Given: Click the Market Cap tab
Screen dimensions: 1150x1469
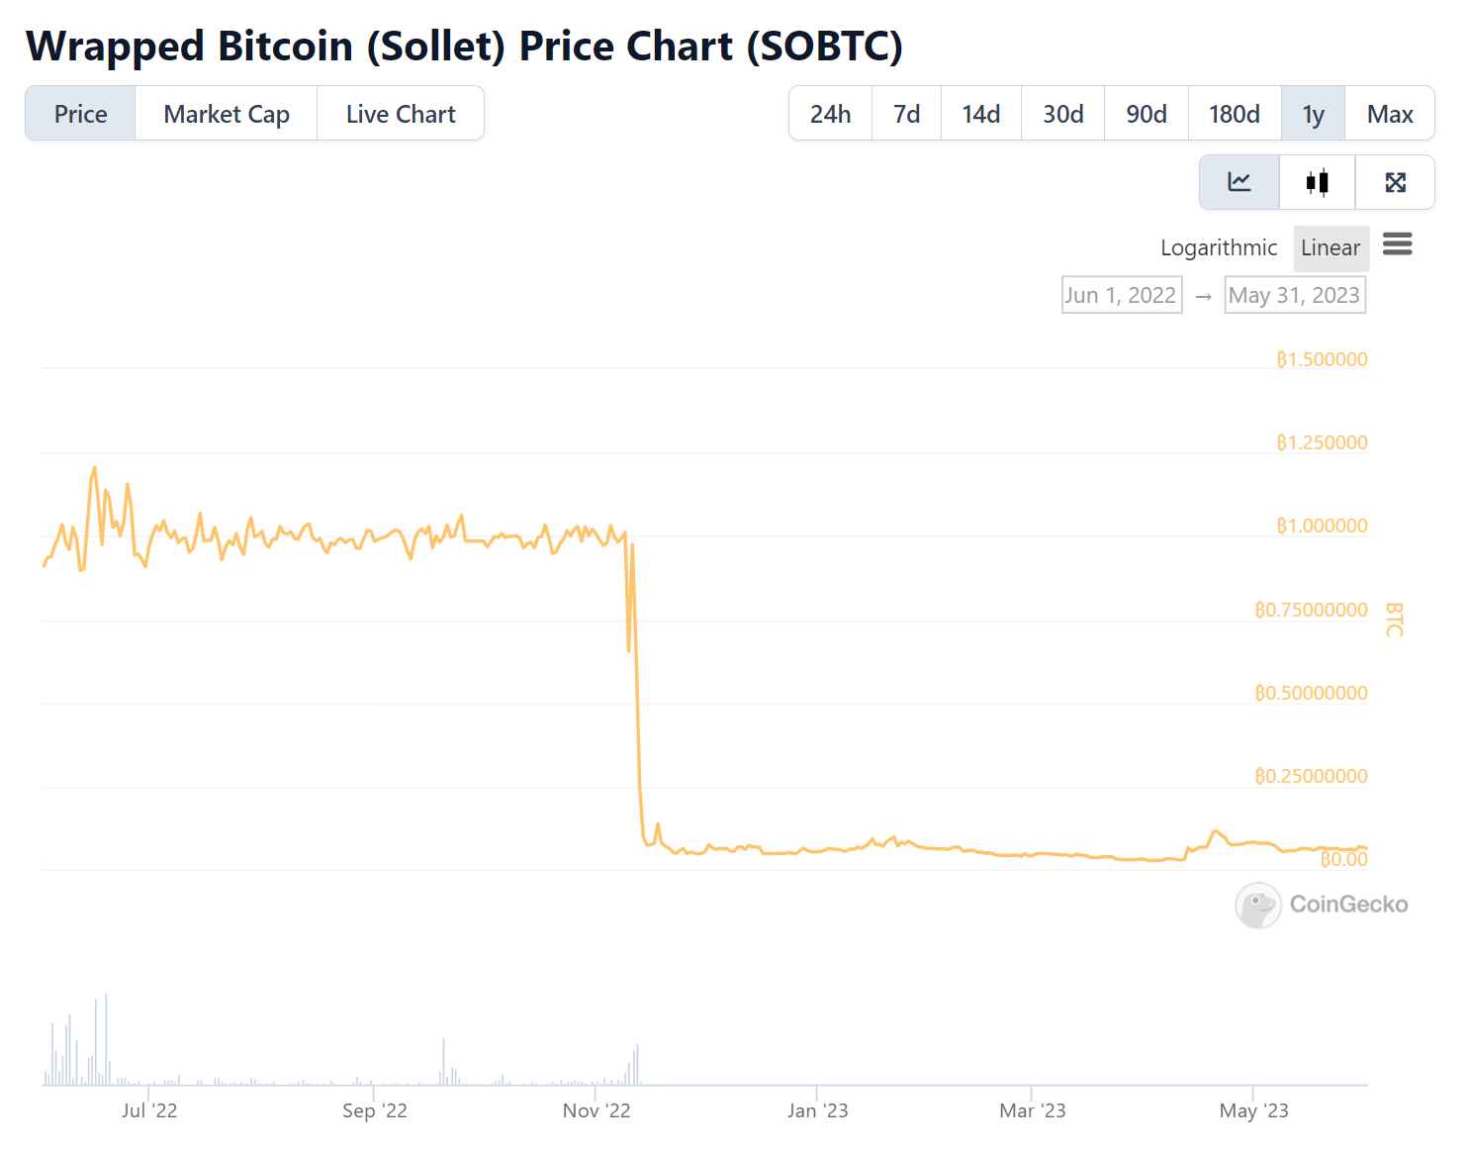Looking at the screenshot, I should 227,114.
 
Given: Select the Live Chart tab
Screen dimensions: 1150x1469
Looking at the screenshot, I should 401,114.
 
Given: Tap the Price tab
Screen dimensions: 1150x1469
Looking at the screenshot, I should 80,114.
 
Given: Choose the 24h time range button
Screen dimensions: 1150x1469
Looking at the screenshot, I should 830,114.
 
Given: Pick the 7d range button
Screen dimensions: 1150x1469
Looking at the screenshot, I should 906,114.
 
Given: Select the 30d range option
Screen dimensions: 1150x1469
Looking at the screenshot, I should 1062,114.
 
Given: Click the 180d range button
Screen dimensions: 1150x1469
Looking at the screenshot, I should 1234,114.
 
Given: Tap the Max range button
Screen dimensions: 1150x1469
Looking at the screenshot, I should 1389,114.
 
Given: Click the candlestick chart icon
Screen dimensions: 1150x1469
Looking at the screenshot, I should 1317,182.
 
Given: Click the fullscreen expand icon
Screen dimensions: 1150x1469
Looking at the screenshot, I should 1395,182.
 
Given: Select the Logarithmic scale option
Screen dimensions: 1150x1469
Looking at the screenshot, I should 1219,247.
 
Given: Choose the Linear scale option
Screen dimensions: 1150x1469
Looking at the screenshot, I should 1331,247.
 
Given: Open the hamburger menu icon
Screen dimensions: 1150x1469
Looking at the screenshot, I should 1397,244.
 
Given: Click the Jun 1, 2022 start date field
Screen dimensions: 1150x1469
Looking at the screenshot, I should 1122,295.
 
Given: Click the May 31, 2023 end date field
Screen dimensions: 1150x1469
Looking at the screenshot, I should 1294,295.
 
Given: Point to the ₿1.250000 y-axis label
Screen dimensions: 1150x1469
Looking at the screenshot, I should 1322,442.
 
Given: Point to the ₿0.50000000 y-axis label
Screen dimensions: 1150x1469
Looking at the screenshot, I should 1311,693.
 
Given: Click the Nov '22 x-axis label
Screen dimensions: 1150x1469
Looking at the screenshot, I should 597,1110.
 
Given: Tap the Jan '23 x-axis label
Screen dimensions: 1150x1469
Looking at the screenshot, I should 817,1110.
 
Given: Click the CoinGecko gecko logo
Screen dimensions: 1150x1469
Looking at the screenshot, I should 1258,905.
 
